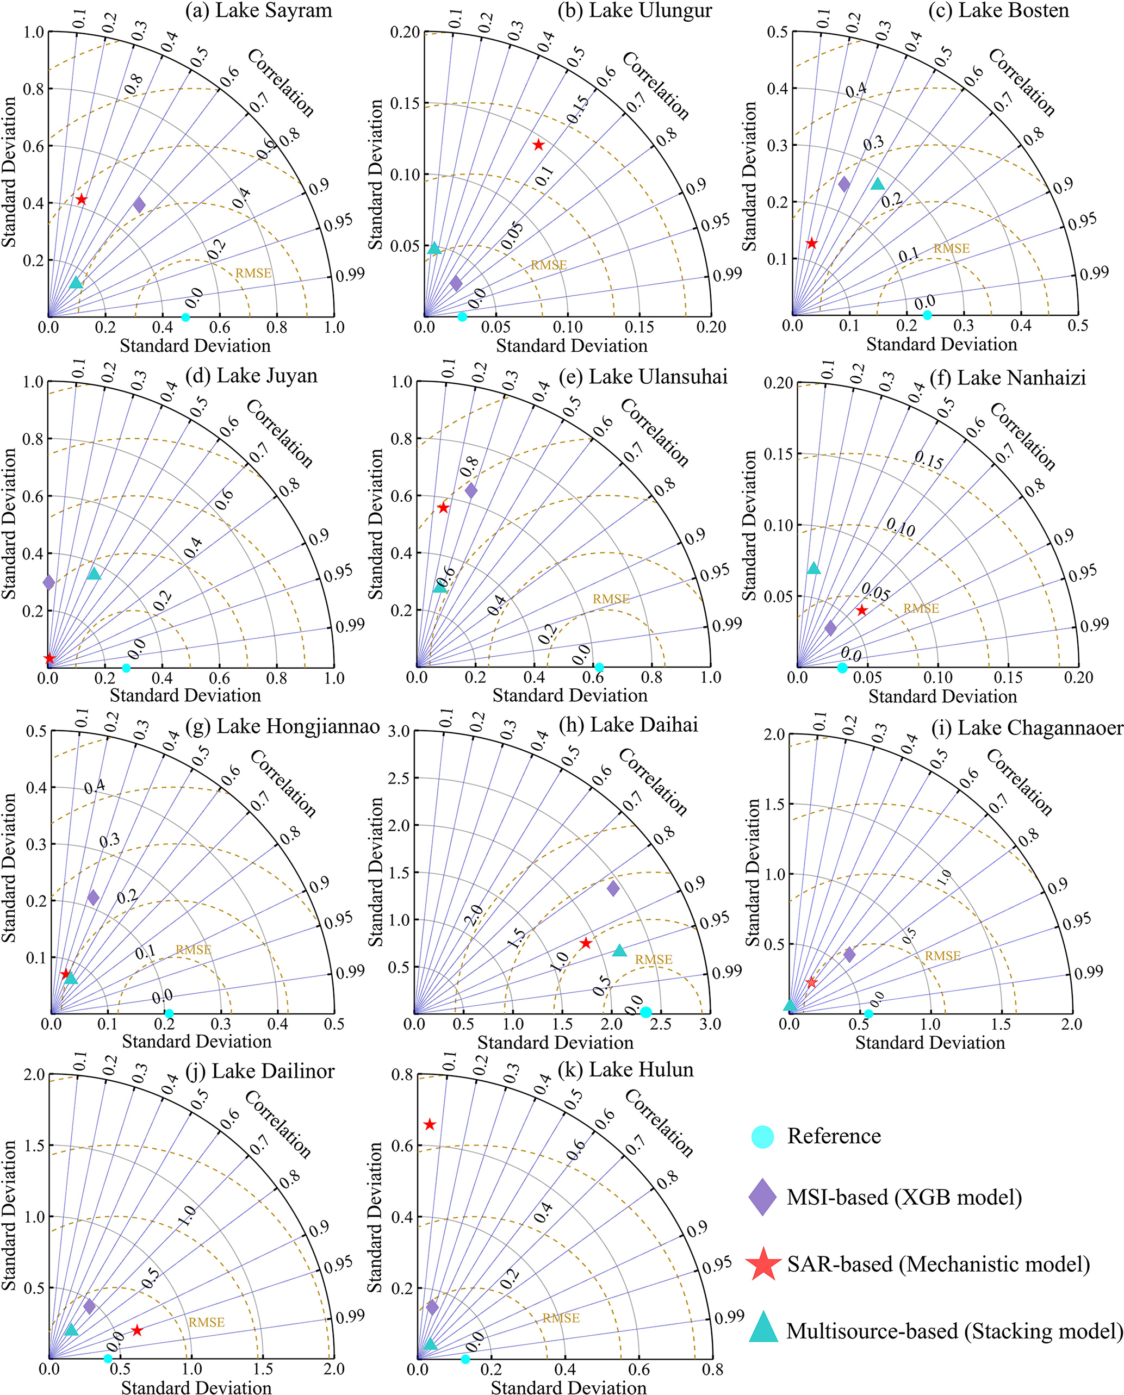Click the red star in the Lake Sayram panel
tap(81, 199)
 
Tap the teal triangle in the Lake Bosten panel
tap(877, 184)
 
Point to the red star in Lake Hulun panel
tap(429, 1125)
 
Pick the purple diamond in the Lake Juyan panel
tap(48, 582)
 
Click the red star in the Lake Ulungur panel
tap(538, 145)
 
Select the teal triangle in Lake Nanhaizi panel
tap(814, 568)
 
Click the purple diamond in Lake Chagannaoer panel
tap(849, 954)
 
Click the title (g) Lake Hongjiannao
tap(282, 726)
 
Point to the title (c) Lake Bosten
tap(998, 10)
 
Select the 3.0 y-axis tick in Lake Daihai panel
tap(399, 731)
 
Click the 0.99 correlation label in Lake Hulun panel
tap(729, 1316)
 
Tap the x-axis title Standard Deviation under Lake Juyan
tap(185, 695)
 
